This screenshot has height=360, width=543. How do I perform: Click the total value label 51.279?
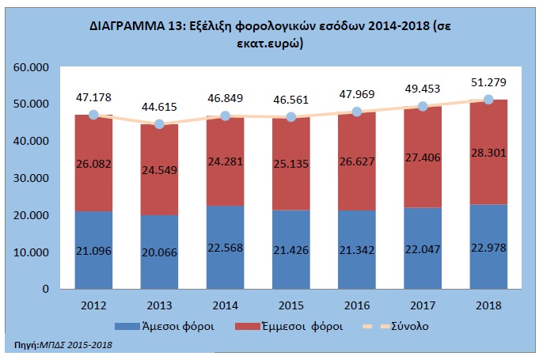pyautogui.click(x=488, y=82)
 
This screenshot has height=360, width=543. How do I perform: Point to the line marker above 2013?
pyautogui.click(x=160, y=124)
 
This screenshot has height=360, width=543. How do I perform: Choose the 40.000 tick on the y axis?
pyautogui.click(x=32, y=141)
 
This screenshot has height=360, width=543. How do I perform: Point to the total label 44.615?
pyautogui.click(x=160, y=107)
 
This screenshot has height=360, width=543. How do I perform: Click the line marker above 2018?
pyautogui.click(x=488, y=100)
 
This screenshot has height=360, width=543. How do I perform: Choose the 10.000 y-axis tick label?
pyautogui.click(x=32, y=252)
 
